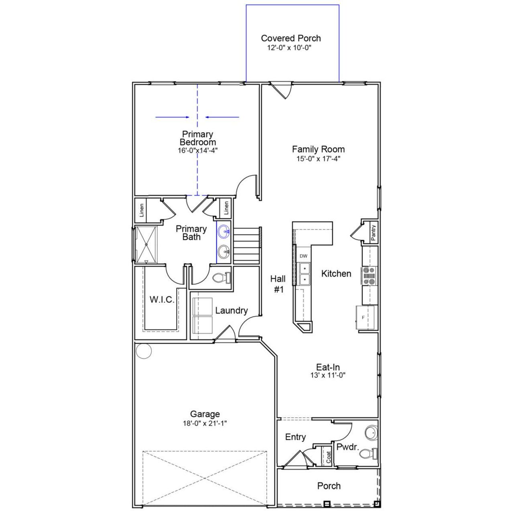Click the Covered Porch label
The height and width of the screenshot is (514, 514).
pos(291,38)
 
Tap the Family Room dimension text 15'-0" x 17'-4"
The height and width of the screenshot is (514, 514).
pos(318,158)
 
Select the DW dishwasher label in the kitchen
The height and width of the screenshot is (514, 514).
pos(303,256)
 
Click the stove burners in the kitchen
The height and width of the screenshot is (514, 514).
pos(369,276)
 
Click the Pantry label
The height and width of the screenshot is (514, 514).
pos(373,233)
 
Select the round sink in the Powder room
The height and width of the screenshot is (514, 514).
pos(371,433)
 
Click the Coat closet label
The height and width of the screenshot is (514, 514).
pos(328,457)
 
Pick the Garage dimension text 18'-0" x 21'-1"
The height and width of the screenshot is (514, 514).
pos(205,423)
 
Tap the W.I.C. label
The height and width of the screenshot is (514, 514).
pos(162,300)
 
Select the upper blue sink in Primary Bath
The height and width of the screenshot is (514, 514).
pos(224,231)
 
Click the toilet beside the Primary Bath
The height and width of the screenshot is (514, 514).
pos(221,278)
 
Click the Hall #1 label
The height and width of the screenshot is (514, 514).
pos(278,284)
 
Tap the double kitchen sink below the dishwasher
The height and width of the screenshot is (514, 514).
pos(305,273)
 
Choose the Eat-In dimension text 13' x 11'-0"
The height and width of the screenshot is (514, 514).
pos(328,375)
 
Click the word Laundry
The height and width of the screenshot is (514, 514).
pos(231,310)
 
